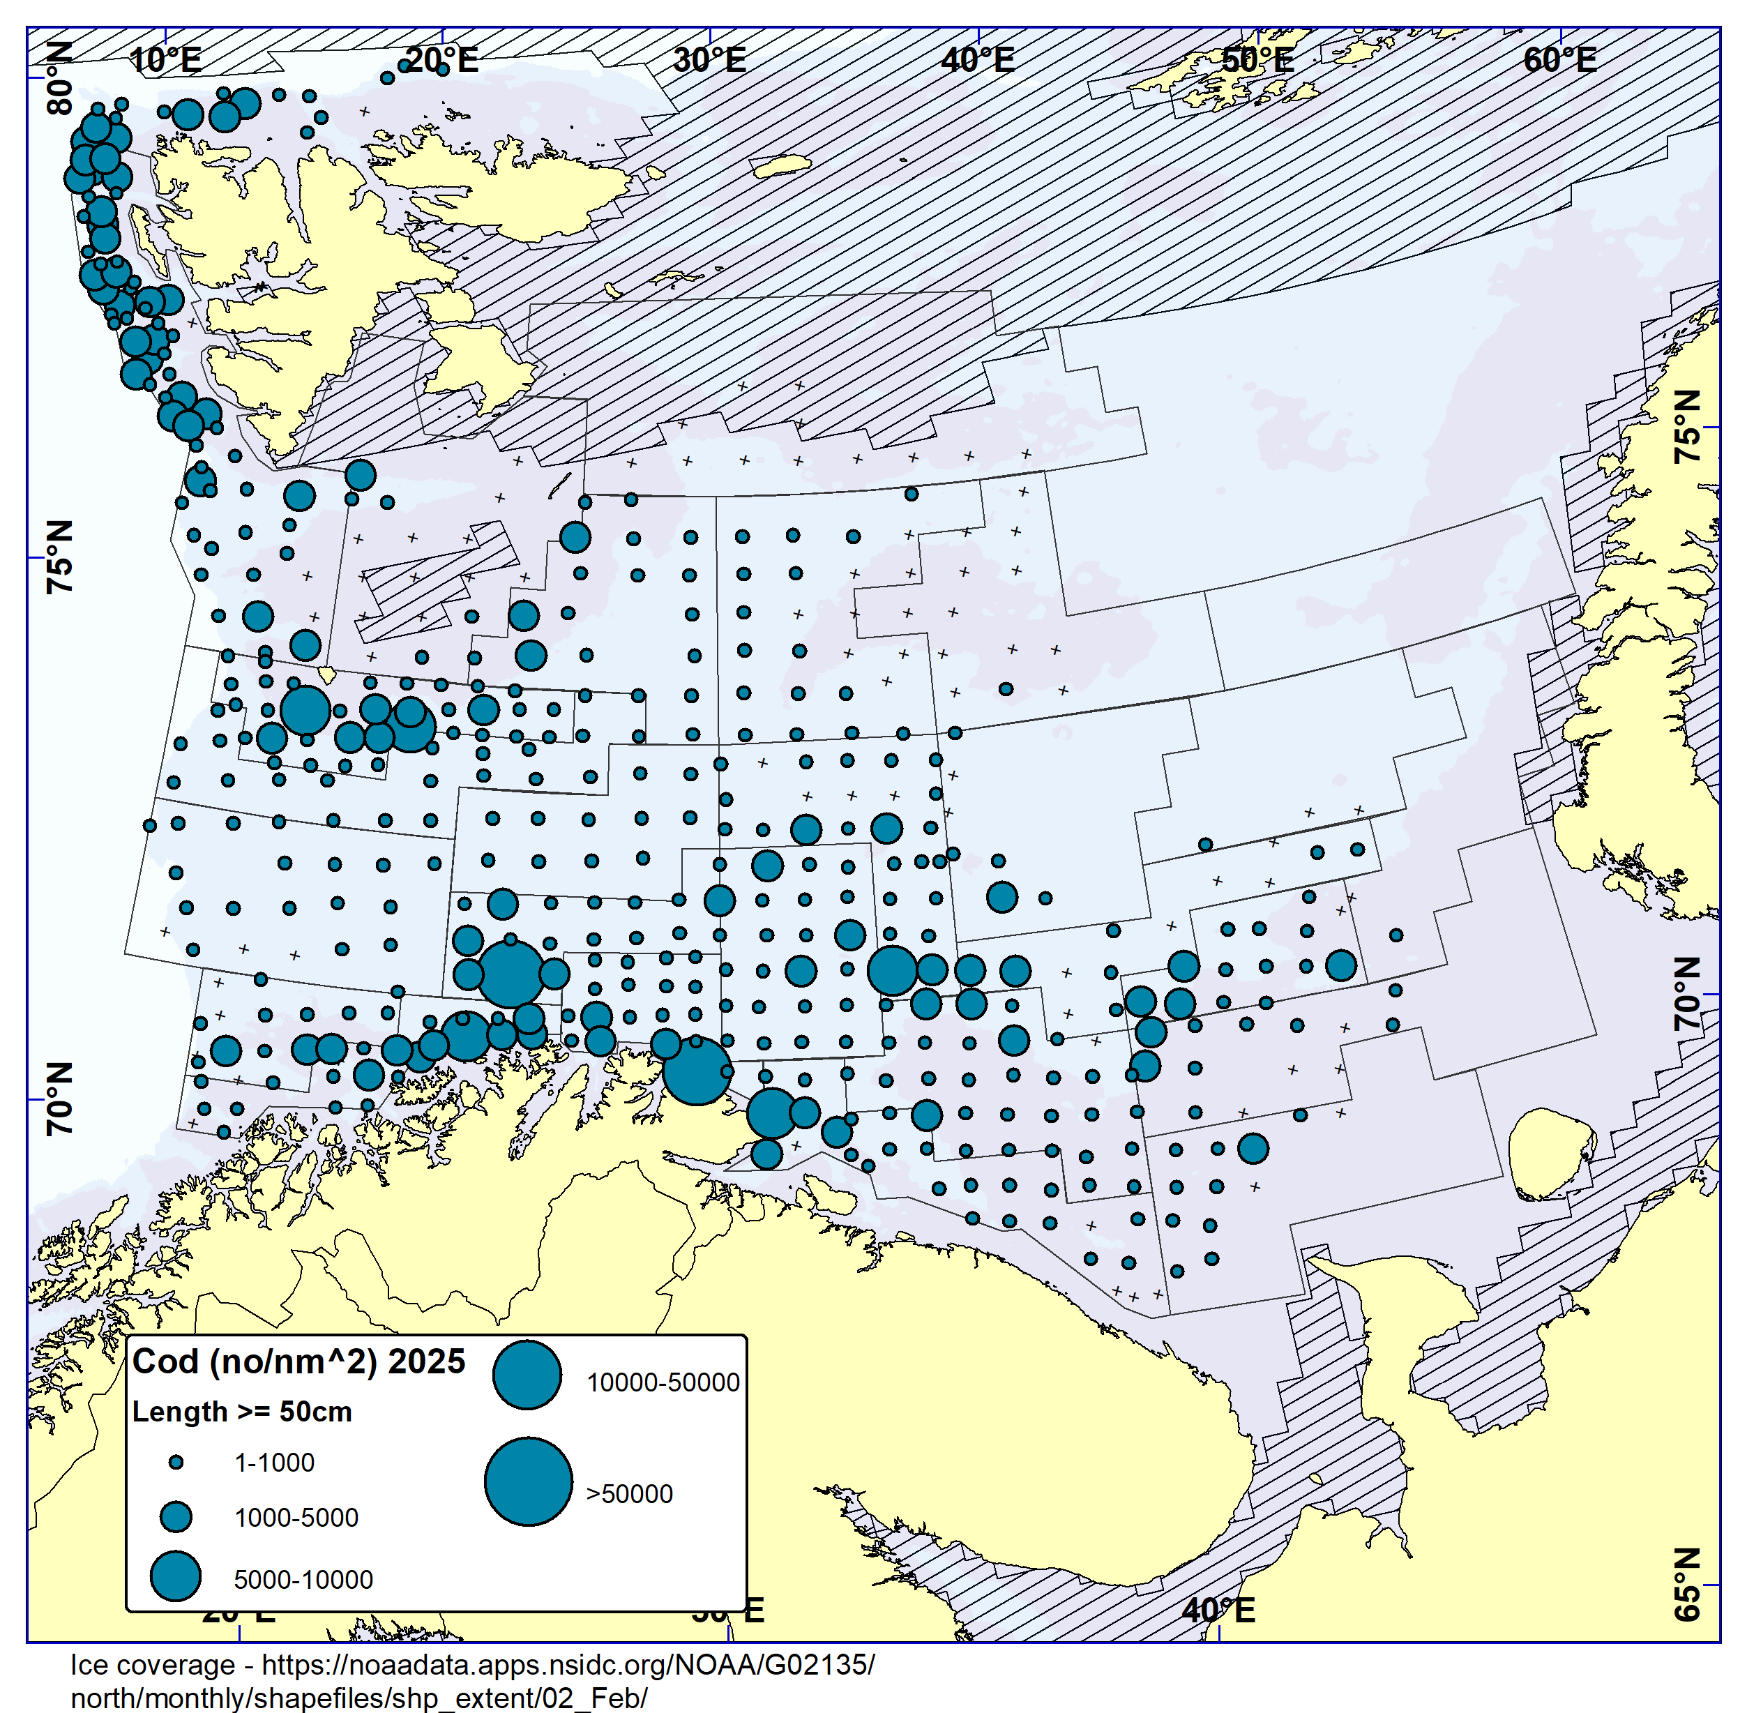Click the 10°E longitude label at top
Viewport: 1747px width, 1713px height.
165,60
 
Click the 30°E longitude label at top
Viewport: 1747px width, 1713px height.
710,60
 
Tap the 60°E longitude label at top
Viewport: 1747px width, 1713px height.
1560,60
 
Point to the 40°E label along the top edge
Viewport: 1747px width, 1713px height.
978,60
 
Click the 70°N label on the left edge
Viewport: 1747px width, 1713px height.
59,1099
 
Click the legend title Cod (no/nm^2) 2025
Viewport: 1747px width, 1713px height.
298,1361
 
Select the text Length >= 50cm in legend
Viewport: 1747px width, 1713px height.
242,1412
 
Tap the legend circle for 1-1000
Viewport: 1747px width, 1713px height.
176,1463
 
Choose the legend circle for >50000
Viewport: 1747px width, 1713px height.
528,1481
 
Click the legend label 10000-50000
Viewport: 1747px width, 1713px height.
663,1383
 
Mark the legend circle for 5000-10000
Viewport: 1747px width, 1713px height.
176,1576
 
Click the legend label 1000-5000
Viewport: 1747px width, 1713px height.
296,1518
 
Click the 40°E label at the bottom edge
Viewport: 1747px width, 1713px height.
1218,1610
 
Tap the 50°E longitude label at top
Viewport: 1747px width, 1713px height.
1257,60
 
